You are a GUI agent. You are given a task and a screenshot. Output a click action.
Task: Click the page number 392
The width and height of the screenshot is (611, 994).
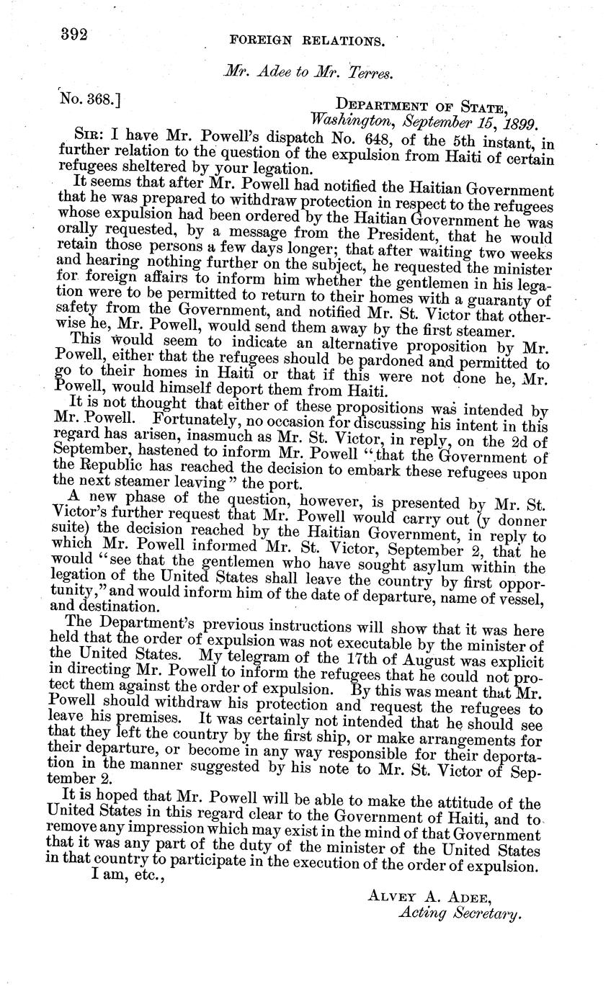(x=73, y=34)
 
